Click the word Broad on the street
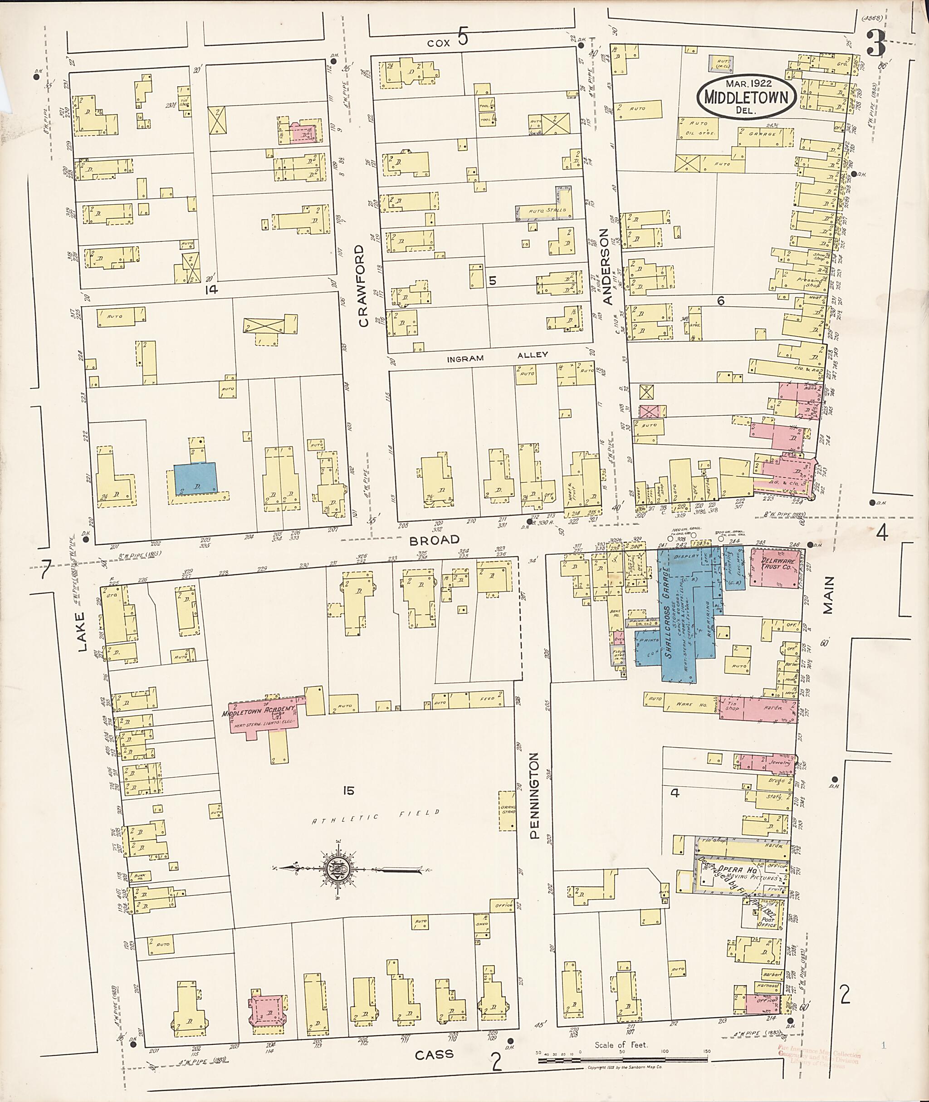[x=435, y=540]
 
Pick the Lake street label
[x=81, y=632]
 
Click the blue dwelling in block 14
[x=195, y=477]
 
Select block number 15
[x=347, y=791]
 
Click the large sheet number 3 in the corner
[x=876, y=44]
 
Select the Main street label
[x=828, y=595]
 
